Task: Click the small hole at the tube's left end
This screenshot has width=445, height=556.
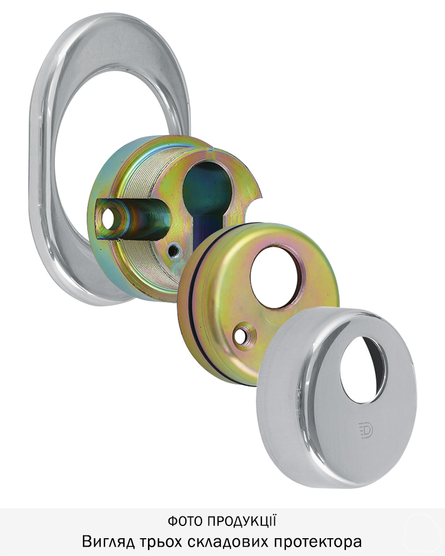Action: (109, 219)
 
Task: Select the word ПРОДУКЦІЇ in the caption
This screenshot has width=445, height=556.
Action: (241, 520)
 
